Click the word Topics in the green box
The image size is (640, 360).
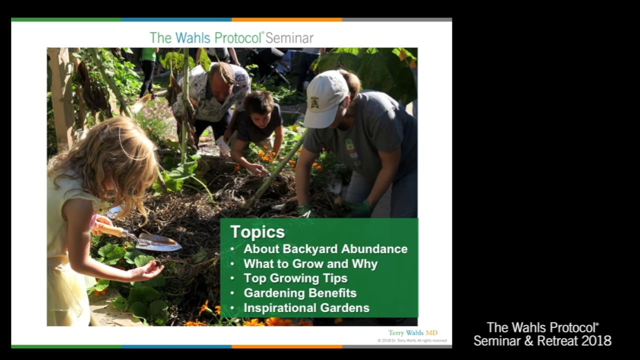point(257,232)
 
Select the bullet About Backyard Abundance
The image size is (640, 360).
point(325,249)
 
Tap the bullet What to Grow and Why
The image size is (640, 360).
point(310,263)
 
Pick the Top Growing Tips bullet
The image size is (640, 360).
point(295,278)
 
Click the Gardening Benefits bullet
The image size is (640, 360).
point(299,293)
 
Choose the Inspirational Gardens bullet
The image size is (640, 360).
point(306,308)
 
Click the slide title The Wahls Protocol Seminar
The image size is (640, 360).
point(231,37)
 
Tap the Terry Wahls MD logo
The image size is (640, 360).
point(412,333)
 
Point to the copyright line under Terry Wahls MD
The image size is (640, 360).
point(412,340)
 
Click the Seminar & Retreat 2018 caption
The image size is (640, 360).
point(542,341)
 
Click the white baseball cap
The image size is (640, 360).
point(325,97)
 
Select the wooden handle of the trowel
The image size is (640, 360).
point(111,229)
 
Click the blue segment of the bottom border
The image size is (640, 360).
point(176,346)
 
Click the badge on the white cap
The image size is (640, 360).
point(314,102)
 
